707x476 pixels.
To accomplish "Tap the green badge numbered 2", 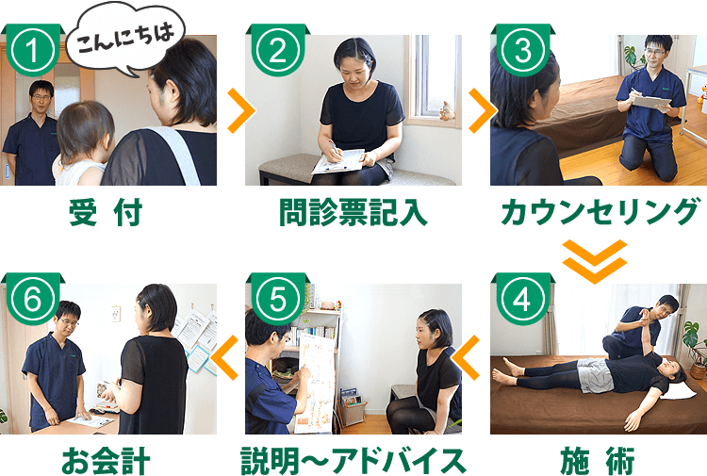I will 276,52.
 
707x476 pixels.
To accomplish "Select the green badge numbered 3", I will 520,52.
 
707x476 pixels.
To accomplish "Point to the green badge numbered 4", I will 520,300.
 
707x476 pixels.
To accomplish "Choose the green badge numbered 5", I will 276,300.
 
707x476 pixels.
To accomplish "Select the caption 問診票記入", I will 353,214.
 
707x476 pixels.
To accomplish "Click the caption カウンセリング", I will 600,214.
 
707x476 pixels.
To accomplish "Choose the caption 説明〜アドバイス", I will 353,461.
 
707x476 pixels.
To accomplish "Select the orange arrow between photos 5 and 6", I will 226,357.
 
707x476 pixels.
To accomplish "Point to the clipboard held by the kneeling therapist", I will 650,100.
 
